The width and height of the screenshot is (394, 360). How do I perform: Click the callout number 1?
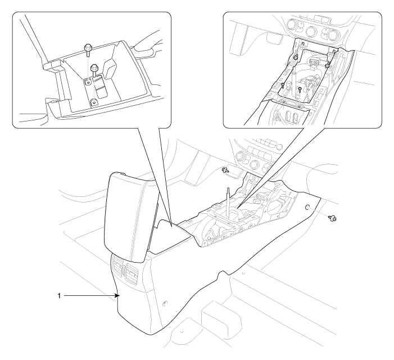[x=59, y=296]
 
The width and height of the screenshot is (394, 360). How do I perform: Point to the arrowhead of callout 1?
[x=117, y=296]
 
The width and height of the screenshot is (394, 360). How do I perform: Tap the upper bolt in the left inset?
[x=88, y=50]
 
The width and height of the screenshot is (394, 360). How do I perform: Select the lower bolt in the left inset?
[x=95, y=70]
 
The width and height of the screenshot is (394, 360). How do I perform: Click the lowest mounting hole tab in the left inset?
[x=94, y=102]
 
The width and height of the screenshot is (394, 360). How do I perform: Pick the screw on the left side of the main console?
[x=225, y=170]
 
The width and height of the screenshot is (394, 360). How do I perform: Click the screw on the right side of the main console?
[x=333, y=218]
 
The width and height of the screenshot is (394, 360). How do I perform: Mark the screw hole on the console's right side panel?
[x=307, y=206]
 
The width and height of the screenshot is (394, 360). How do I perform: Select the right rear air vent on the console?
[x=133, y=271]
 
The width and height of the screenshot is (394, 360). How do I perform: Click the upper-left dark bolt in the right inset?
[x=296, y=58]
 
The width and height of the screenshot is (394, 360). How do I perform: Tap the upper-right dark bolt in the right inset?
[x=328, y=65]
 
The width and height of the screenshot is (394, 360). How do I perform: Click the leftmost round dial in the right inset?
[x=292, y=25]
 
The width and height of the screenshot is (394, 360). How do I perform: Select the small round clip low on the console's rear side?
[x=165, y=304]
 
